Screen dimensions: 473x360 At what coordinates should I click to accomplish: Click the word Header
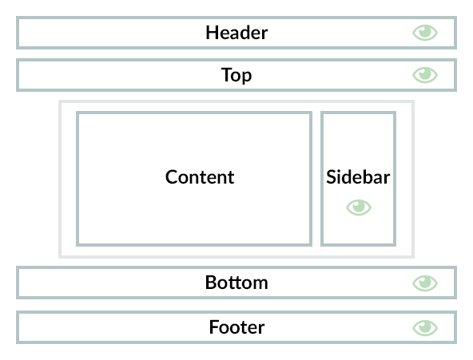(x=236, y=33)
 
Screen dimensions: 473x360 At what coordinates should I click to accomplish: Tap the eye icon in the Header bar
(x=425, y=33)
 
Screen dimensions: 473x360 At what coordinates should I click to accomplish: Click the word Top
(x=236, y=75)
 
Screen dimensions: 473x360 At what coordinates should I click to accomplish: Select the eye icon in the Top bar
(x=425, y=75)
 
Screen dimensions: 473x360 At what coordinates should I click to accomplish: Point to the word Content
(x=200, y=177)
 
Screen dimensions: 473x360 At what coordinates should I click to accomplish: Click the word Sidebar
(x=358, y=177)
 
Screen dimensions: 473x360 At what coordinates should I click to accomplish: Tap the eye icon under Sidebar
(x=359, y=208)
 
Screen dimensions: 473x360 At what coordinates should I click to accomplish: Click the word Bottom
(x=236, y=283)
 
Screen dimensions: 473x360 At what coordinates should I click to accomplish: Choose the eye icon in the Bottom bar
(x=425, y=283)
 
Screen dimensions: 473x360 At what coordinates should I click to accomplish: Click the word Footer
(x=236, y=327)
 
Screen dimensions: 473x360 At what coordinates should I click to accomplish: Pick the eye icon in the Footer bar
(x=425, y=328)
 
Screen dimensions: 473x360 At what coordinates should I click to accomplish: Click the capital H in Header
(x=212, y=33)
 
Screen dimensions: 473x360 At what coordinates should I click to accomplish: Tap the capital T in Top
(x=227, y=74)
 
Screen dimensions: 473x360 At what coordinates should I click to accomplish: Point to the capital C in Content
(x=172, y=177)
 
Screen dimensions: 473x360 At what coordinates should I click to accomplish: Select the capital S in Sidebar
(x=331, y=177)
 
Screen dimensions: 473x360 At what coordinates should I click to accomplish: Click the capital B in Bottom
(x=211, y=283)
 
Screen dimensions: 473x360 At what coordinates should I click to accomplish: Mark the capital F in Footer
(x=214, y=327)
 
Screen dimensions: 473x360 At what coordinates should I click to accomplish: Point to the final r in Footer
(x=261, y=330)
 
